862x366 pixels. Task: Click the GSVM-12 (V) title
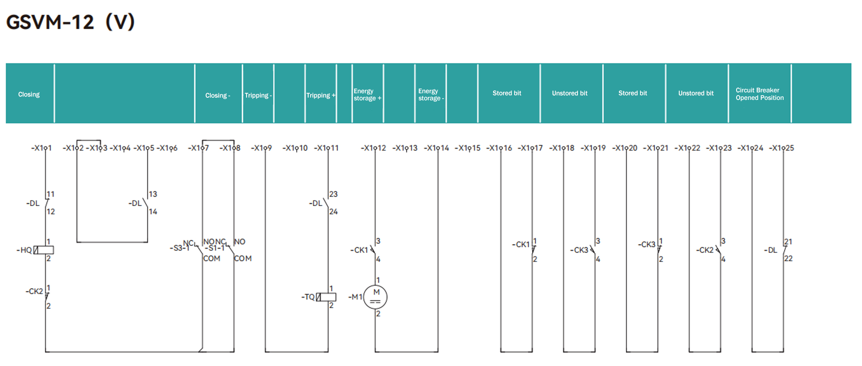click(x=70, y=22)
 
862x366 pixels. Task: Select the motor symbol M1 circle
click(x=375, y=297)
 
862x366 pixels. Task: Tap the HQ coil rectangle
click(x=44, y=250)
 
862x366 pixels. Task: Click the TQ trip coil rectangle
click(x=327, y=297)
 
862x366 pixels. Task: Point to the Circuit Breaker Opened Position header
click(x=759, y=94)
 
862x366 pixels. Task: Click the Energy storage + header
click(x=367, y=94)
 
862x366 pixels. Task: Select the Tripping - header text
click(x=258, y=95)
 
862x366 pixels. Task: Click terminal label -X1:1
click(x=41, y=148)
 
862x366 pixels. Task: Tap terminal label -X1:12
click(x=373, y=148)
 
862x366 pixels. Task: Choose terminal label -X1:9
click(x=261, y=148)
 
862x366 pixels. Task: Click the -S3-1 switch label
click(x=179, y=248)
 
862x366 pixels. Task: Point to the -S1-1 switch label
click(x=215, y=248)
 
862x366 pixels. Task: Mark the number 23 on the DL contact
click(x=333, y=194)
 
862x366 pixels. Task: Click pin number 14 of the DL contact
click(x=153, y=211)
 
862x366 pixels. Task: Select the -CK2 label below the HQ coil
click(x=34, y=292)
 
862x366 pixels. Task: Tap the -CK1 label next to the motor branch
click(x=359, y=250)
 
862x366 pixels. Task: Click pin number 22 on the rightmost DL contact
click(x=788, y=258)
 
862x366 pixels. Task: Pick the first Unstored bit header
click(x=569, y=93)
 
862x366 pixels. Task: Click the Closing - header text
click(x=218, y=95)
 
